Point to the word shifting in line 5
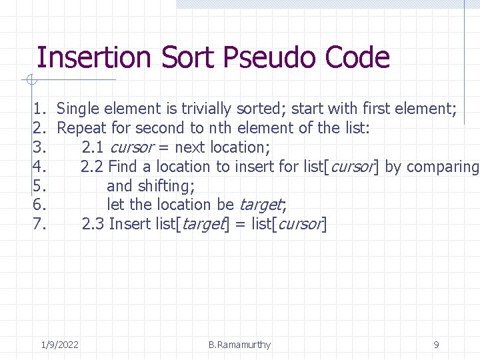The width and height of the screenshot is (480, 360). (166, 186)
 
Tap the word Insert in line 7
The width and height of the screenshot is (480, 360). (130, 224)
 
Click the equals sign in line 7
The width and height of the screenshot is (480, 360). (239, 225)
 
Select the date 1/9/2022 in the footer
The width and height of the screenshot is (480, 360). (59, 345)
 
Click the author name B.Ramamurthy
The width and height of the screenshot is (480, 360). (239, 345)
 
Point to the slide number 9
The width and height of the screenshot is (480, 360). (436, 345)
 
